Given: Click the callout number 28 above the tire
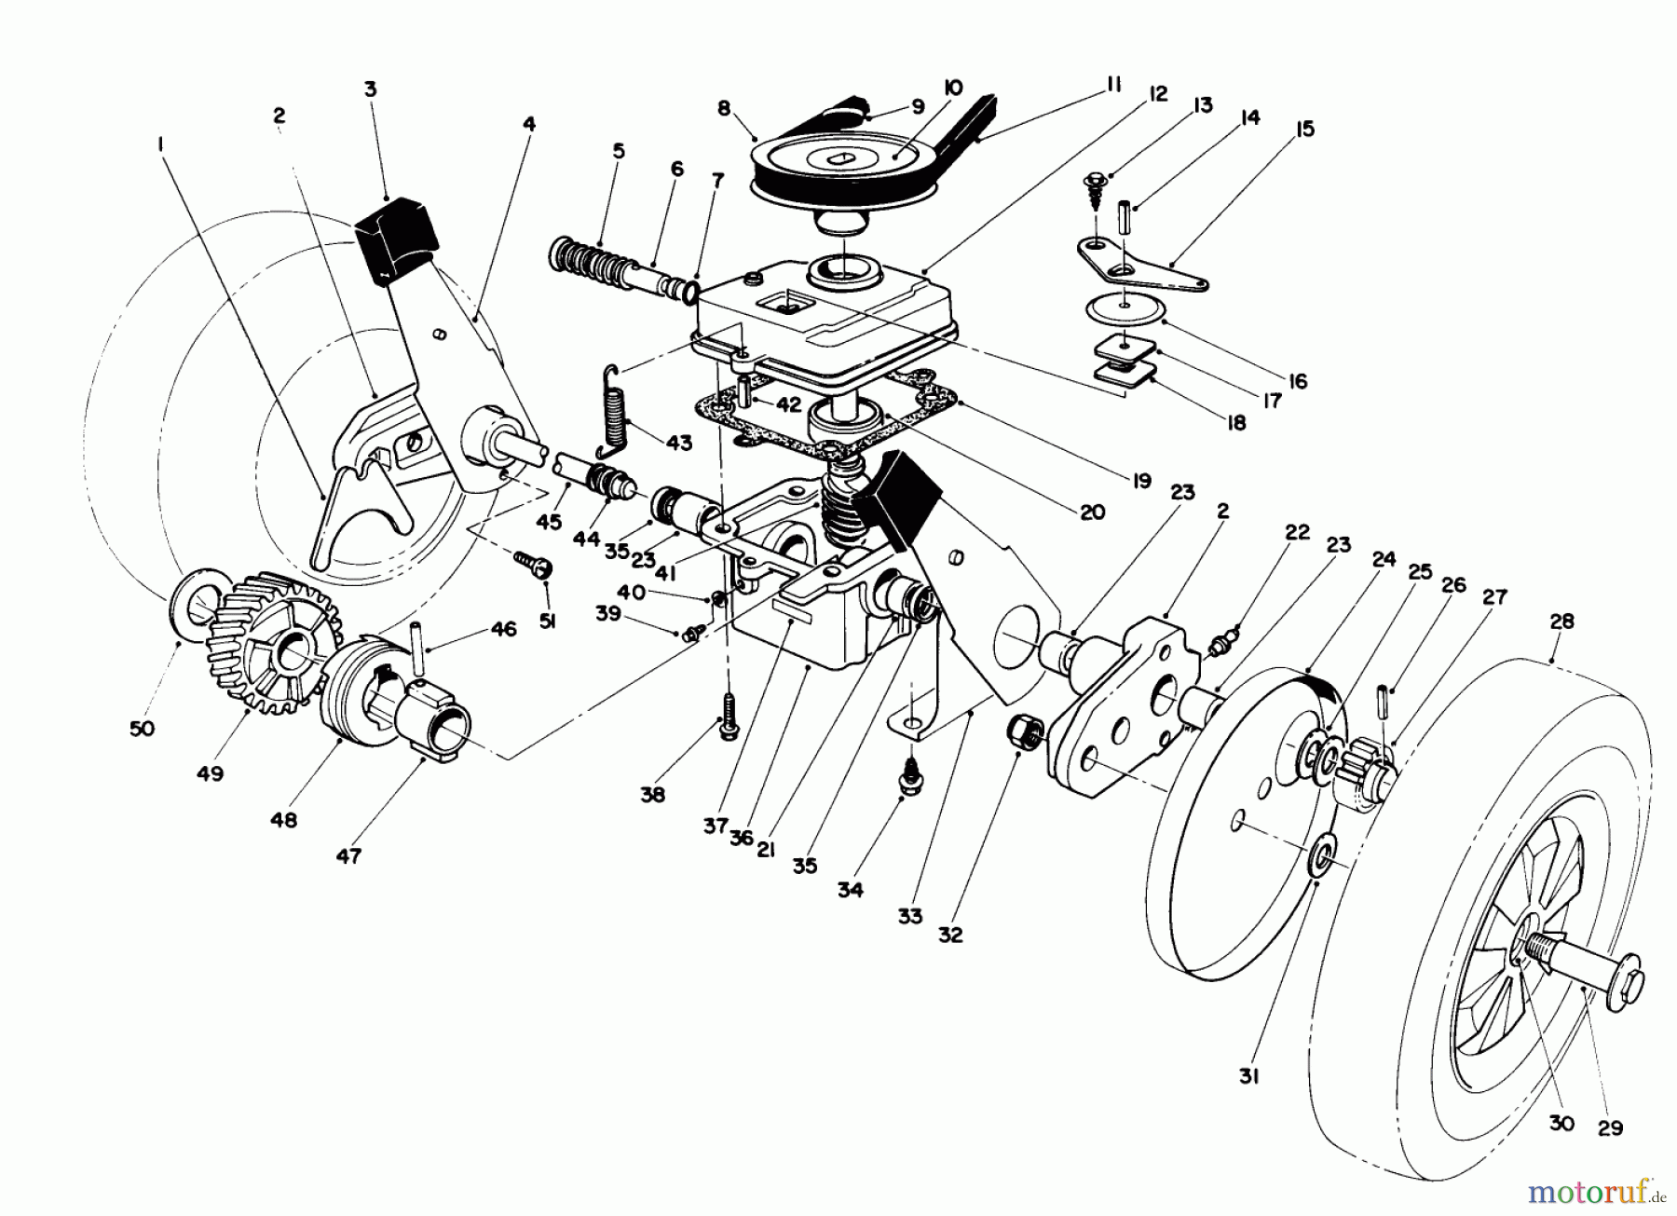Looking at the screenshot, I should coord(1561,621).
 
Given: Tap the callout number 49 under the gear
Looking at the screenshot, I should coord(211,773).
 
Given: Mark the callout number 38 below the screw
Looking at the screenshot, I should coord(654,795).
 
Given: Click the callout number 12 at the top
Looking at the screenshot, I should coord(1158,94).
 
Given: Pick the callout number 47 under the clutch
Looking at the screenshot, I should coord(348,856).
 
